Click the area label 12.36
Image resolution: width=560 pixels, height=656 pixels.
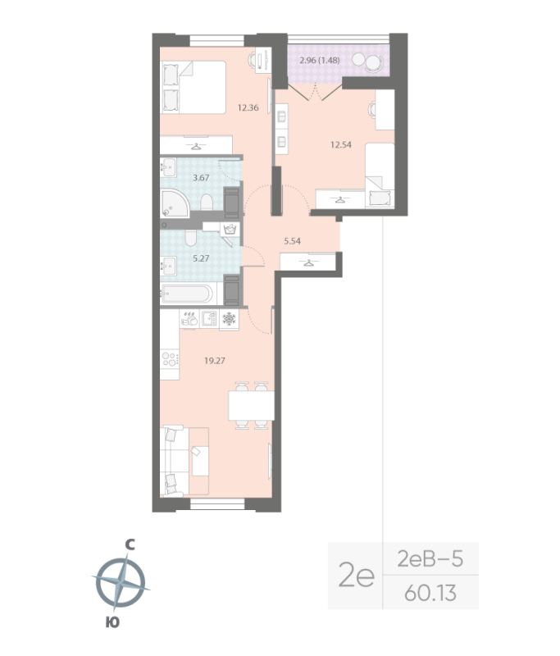[x=248, y=107]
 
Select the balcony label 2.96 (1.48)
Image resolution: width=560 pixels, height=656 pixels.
[x=321, y=60]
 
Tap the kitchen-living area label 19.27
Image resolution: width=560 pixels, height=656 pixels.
[x=214, y=359]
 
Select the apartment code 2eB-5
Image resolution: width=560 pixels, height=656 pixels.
[x=430, y=560]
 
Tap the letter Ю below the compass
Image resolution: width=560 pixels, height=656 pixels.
[x=112, y=622]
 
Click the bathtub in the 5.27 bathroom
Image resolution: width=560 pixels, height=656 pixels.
[x=188, y=294]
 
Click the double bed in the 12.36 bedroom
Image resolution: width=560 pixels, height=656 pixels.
[x=195, y=87]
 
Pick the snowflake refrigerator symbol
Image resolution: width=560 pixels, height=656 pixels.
[x=229, y=319]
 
